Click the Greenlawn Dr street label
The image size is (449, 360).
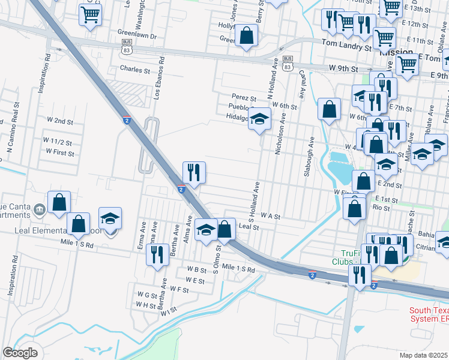(x=137, y=37)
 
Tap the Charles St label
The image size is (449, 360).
(x=134, y=70)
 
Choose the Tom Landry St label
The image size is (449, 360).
(x=346, y=44)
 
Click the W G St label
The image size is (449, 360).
(x=146, y=295)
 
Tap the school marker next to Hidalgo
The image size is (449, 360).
(x=260, y=119)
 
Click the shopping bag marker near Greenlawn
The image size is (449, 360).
(x=246, y=35)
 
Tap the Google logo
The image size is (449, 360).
(x=20, y=352)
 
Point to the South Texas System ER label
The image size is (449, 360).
(x=429, y=315)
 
